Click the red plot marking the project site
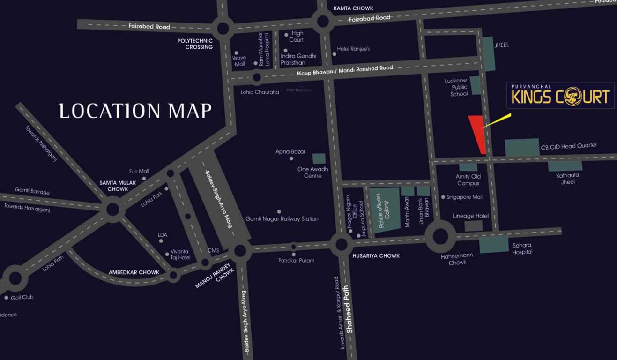[x=478, y=132]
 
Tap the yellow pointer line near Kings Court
[x=498, y=120]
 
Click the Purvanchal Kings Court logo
[x=560, y=96]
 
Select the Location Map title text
[x=135, y=111]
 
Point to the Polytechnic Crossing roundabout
[x=223, y=28]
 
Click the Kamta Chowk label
[x=353, y=8]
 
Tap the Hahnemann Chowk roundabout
[x=440, y=236]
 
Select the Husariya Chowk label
[x=376, y=256]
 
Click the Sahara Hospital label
[x=522, y=248]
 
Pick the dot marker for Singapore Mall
[x=443, y=197]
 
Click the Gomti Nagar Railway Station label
[x=282, y=219]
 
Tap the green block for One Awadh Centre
[x=319, y=158]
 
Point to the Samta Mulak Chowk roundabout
[x=113, y=209]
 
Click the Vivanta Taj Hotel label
[x=180, y=255]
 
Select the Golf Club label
[x=22, y=297]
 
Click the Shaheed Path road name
[x=349, y=309]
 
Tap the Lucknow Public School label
[x=455, y=87]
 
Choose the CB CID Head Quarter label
[x=569, y=146]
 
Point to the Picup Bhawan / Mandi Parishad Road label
[x=345, y=71]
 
